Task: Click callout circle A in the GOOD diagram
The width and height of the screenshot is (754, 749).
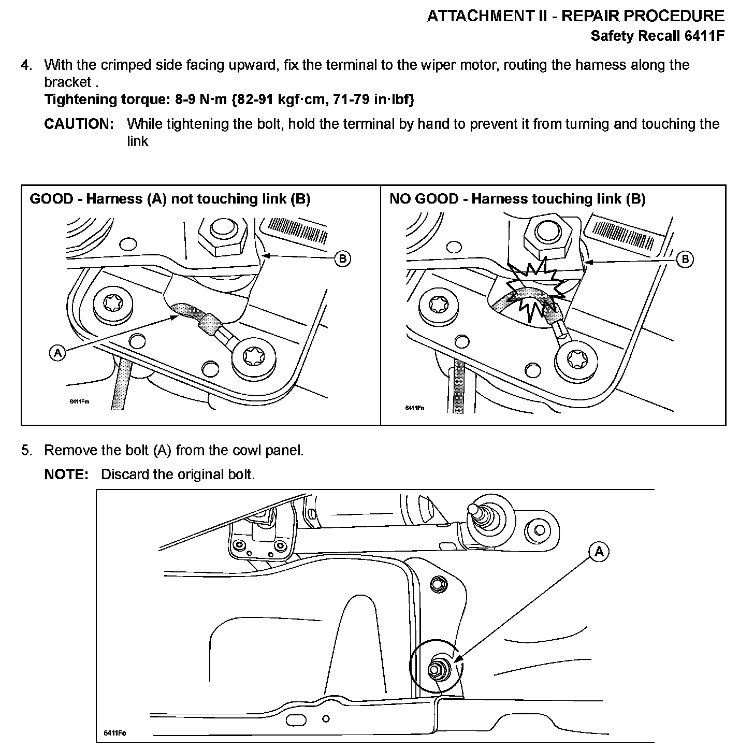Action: [57, 354]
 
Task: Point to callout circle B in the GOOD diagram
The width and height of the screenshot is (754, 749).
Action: [342, 258]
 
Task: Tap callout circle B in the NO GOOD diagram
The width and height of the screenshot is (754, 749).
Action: [685, 259]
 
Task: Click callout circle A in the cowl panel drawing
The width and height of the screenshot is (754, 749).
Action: [599, 552]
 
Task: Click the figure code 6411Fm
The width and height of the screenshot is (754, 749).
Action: [80, 401]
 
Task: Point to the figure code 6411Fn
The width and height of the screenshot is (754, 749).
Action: [414, 408]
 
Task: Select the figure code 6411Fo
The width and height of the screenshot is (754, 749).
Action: [115, 732]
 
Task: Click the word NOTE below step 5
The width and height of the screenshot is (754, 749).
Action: [66, 474]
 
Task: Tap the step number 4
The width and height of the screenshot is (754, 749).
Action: [26, 65]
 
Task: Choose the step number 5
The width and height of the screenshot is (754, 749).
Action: [26, 451]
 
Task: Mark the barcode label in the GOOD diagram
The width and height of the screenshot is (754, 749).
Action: [297, 229]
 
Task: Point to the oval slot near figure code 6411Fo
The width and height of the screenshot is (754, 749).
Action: [296, 720]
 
